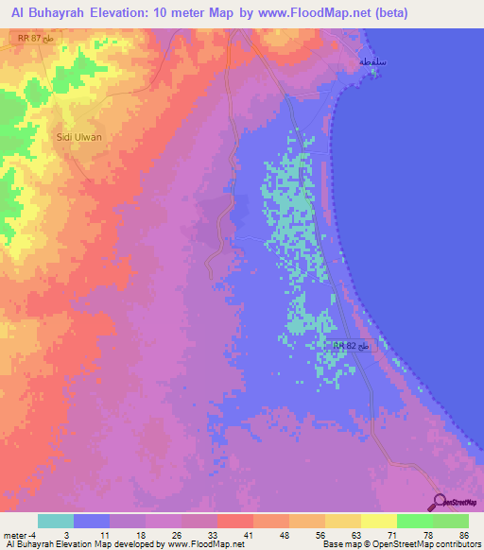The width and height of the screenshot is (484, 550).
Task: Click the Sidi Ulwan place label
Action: point(79,136)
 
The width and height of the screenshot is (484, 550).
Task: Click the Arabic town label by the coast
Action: point(372,61)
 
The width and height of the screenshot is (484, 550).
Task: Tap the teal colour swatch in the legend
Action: point(56,522)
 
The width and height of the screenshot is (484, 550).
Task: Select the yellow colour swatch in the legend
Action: point(378,522)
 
